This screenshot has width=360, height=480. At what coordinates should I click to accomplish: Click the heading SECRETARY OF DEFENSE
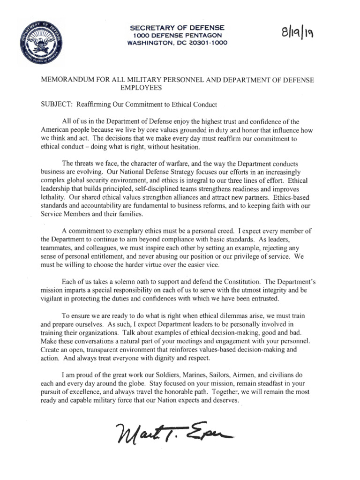[177, 28]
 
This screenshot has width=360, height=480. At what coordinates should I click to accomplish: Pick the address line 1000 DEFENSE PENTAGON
[177, 36]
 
